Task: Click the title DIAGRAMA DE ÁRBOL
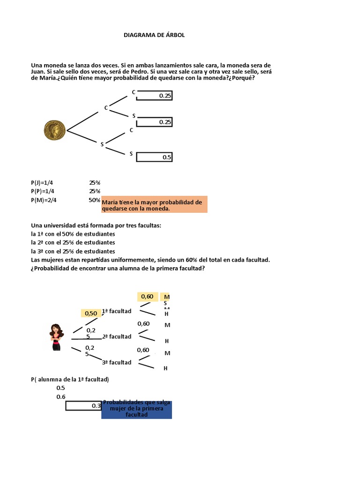click(x=154, y=35)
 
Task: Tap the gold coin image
click(x=55, y=130)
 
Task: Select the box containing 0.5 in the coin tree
click(x=154, y=157)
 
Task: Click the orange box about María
click(x=154, y=205)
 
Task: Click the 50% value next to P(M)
click(x=95, y=200)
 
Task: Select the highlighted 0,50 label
click(x=91, y=313)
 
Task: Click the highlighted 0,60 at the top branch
click(x=147, y=296)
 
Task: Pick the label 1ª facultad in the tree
click(x=117, y=311)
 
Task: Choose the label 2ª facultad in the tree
click(x=117, y=337)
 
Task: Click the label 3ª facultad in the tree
click(x=117, y=362)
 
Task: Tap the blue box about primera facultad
click(x=136, y=410)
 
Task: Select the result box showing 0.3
click(x=83, y=406)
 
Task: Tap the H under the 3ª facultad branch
click(x=165, y=368)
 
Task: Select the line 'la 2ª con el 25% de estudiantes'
click(x=73, y=242)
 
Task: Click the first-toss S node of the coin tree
click(x=102, y=144)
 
